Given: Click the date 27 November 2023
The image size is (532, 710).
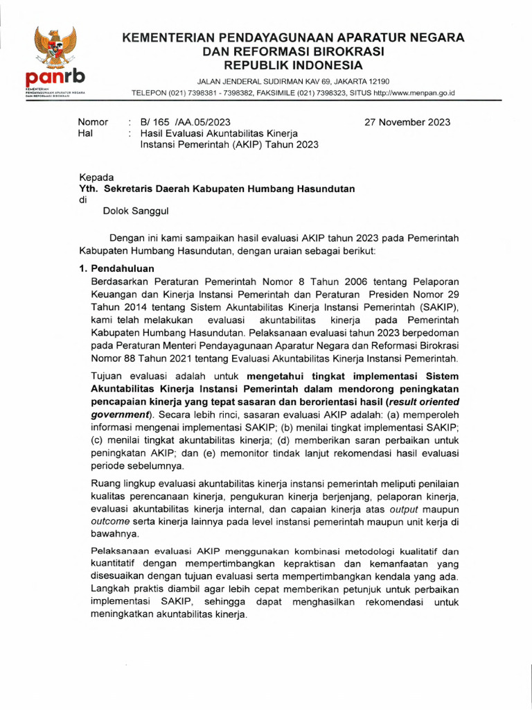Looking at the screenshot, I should [x=407, y=122].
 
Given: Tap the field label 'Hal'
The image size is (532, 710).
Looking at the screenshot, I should [x=85, y=133].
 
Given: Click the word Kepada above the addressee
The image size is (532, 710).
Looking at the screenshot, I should [x=97, y=177].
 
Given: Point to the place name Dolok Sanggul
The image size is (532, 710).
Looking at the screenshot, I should [x=135, y=211].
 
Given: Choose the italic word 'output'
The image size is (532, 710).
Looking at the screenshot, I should [x=407, y=508].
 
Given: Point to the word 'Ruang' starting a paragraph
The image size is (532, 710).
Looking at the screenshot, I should [x=106, y=483].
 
